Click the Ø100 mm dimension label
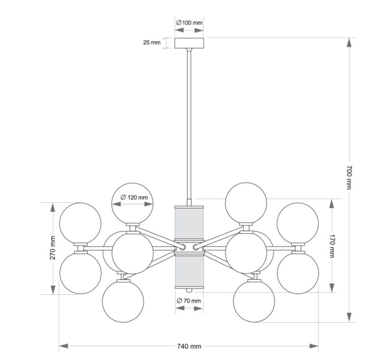click(x=189, y=23)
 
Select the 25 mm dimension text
click(x=152, y=43)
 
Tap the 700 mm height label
click(x=349, y=177)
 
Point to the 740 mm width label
click(x=189, y=346)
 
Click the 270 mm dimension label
click(x=53, y=248)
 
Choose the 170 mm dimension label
click(x=332, y=246)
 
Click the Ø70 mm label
click(x=189, y=301)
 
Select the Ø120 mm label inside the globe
click(x=134, y=197)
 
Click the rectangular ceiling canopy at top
click(x=189, y=43)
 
